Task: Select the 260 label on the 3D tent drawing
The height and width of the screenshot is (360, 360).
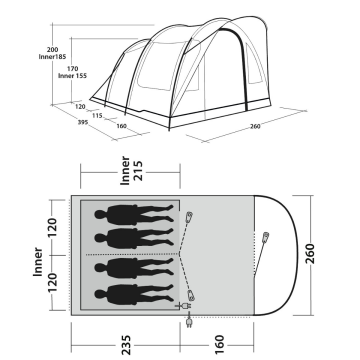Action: tap(256, 127)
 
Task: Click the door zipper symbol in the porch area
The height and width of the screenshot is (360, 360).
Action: tap(266, 239)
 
